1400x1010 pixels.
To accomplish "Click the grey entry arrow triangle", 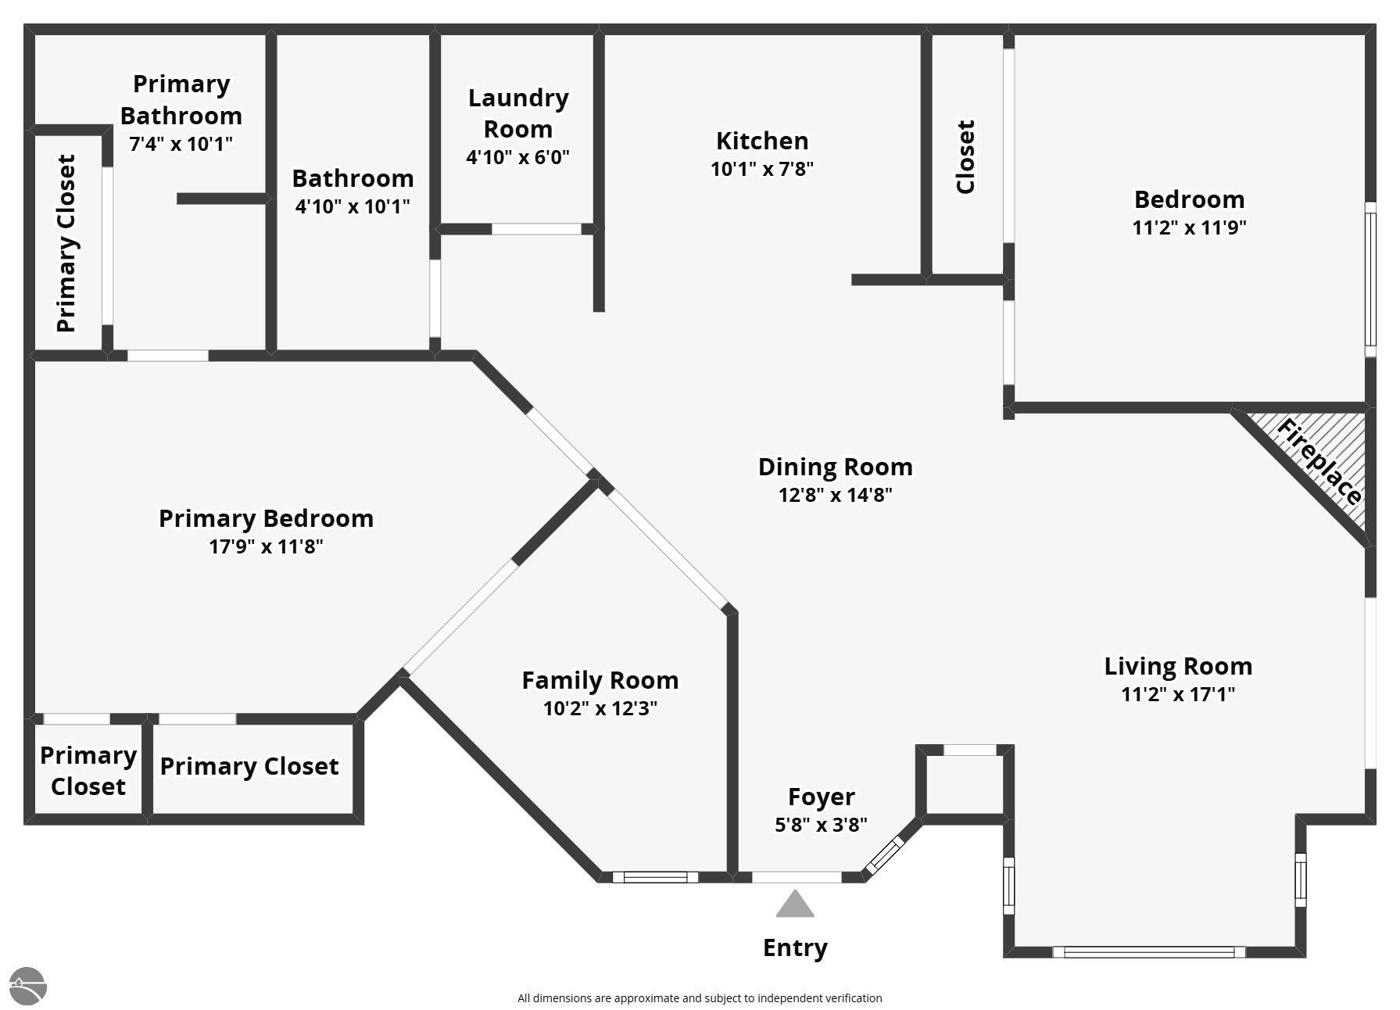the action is pyautogui.click(x=795, y=904).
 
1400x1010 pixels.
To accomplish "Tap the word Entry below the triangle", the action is pyautogui.click(x=795, y=948).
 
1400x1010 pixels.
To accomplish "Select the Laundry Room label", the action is pyautogui.click(x=518, y=113).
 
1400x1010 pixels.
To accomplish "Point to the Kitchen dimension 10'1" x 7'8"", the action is pyautogui.click(x=762, y=169).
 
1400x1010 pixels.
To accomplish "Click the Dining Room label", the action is pyautogui.click(x=836, y=467).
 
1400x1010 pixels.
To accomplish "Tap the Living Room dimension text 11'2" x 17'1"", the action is pyautogui.click(x=1178, y=694).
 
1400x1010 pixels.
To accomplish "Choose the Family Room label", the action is pyautogui.click(x=600, y=680).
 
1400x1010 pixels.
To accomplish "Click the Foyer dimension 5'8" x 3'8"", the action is pyautogui.click(x=821, y=825).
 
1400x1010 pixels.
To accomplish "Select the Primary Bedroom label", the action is pyautogui.click(x=266, y=518).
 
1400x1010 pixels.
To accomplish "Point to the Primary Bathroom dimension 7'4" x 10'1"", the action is pyautogui.click(x=181, y=144).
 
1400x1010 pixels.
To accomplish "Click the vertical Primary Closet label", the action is pyautogui.click(x=66, y=243).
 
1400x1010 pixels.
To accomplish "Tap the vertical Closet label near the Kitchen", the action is pyautogui.click(x=966, y=156).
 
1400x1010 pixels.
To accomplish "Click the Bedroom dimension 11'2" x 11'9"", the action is pyautogui.click(x=1189, y=227).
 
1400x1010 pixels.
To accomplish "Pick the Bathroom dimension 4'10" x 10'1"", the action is pyautogui.click(x=353, y=206).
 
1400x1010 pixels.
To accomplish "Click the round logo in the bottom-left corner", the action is pyautogui.click(x=28, y=987).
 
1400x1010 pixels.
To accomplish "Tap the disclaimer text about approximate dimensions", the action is pyautogui.click(x=700, y=998).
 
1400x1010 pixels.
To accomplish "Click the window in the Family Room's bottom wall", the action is pyautogui.click(x=655, y=877).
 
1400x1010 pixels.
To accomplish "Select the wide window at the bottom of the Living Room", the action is pyautogui.click(x=1148, y=952).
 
